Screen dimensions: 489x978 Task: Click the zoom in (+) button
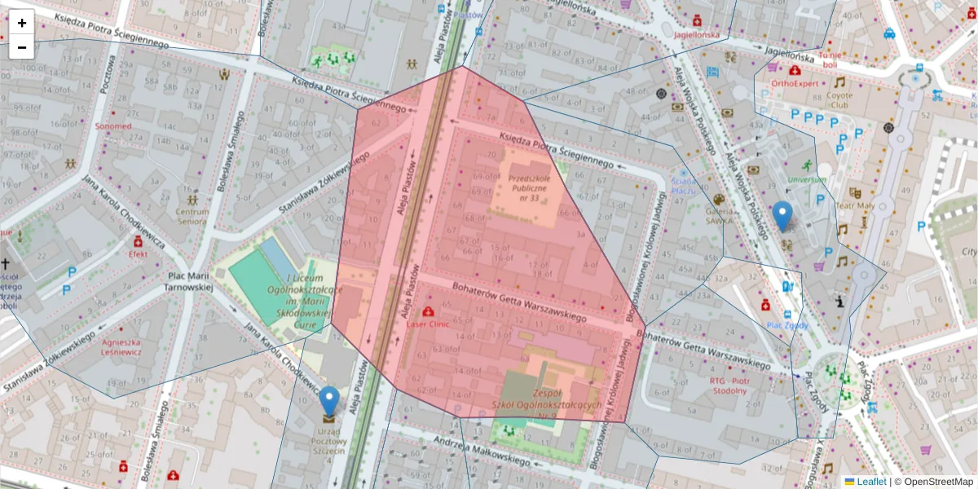22,23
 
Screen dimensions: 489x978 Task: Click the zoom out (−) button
22,47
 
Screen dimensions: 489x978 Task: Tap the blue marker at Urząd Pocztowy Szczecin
329,402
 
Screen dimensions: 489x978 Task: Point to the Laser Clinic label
428,324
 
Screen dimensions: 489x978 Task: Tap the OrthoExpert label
794,82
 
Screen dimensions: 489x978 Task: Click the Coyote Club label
839,99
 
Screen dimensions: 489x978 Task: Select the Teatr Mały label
855,206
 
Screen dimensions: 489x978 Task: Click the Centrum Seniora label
192,216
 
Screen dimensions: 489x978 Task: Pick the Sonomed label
112,126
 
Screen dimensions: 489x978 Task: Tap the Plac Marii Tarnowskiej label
190,281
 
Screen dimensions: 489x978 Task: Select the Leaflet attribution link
870,482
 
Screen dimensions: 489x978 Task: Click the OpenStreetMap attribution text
937,482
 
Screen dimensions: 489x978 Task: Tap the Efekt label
137,253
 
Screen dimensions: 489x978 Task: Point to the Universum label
807,179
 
